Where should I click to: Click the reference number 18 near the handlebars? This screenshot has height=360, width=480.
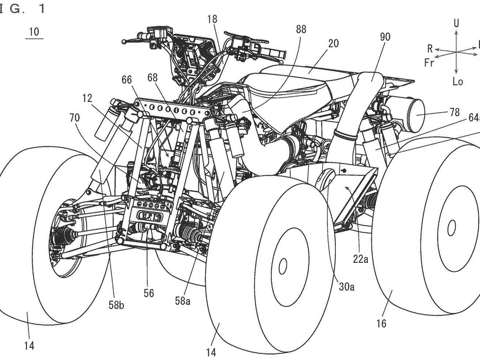pos(212,19)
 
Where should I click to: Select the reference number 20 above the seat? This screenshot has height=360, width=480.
pos(333,43)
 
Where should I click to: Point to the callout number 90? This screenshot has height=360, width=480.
pos(385,37)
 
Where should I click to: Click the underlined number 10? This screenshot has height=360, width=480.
pos(34,31)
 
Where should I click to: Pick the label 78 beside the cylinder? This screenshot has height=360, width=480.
pos(454,112)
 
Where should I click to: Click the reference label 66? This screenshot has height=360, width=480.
pos(127,80)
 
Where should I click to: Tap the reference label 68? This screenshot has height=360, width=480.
pos(154,77)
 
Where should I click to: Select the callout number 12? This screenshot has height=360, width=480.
pos(87,98)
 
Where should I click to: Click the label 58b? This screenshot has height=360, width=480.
pos(116,304)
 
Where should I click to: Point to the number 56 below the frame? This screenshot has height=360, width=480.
pos(149,293)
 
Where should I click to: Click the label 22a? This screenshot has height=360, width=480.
pos(360,259)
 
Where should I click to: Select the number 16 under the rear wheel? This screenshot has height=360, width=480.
pos(381,323)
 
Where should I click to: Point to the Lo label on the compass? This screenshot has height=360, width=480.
pos(457,81)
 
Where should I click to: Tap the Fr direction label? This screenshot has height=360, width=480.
pos(429,62)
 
